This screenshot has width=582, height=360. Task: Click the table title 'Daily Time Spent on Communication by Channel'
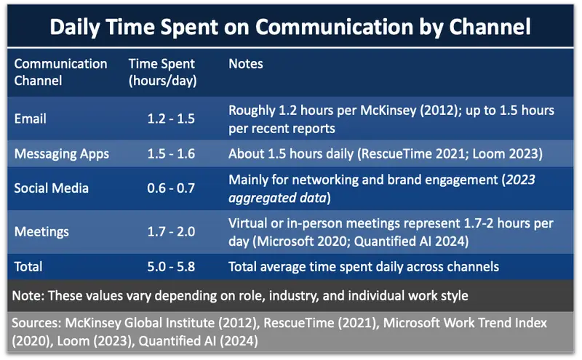click(x=290, y=27)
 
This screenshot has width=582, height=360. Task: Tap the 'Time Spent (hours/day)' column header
click(x=162, y=72)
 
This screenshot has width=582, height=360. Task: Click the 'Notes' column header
click(x=246, y=64)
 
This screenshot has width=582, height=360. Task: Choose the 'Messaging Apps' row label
click(x=61, y=153)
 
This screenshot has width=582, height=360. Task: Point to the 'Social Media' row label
click(x=51, y=188)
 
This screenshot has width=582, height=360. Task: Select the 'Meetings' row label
click(x=41, y=232)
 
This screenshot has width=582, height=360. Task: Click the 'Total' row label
click(x=28, y=267)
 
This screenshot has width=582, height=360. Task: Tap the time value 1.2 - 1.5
click(x=170, y=118)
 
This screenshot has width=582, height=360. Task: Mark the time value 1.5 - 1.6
click(x=170, y=153)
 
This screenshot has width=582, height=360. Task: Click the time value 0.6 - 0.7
click(x=170, y=188)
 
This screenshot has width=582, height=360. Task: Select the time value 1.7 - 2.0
click(x=170, y=232)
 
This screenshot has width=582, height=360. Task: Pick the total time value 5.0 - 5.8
click(x=170, y=267)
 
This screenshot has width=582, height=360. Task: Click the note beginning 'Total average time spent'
click(x=364, y=267)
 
